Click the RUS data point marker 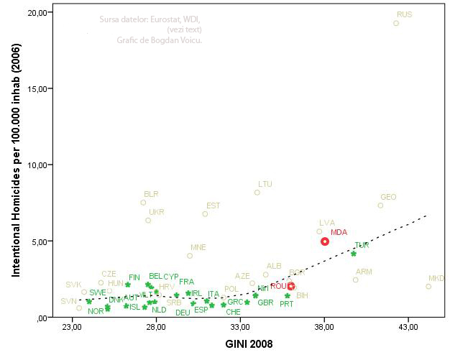click(396, 23)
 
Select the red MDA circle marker click(325, 241)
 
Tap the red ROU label click(278, 286)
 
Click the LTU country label click(265, 184)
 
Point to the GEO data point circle click(380, 206)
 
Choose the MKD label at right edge click(436, 279)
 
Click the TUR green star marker click(354, 253)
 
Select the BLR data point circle click(143, 203)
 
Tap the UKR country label click(156, 212)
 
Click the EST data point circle click(205, 213)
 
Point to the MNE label click(198, 247)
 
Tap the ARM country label click(364, 272)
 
